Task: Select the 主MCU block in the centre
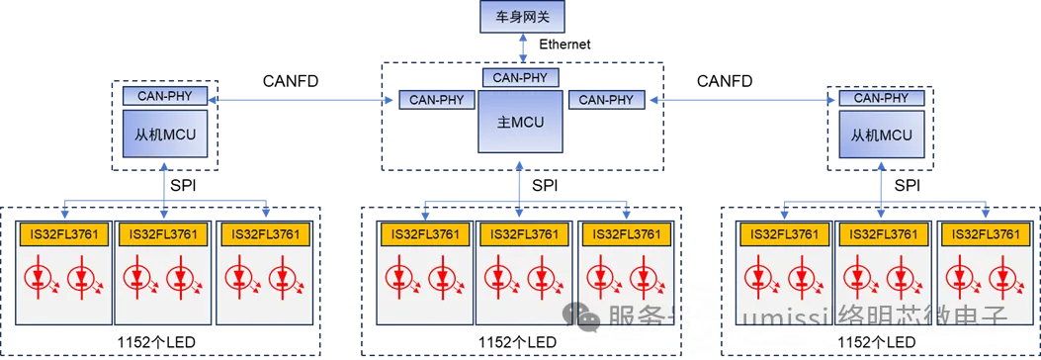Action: pyautogui.click(x=521, y=122)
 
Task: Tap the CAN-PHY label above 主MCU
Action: pyautogui.click(x=521, y=76)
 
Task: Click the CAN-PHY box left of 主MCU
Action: pyautogui.click(x=437, y=100)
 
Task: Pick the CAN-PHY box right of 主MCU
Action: pyautogui.click(x=606, y=100)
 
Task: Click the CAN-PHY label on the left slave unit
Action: pyautogui.click(x=165, y=96)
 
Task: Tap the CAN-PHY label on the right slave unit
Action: pyautogui.click(x=881, y=97)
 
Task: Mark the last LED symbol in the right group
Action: pyautogui.click(x=1007, y=275)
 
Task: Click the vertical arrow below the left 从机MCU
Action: pyautogui.click(x=165, y=185)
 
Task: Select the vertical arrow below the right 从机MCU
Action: pyautogui.click(x=881, y=185)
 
